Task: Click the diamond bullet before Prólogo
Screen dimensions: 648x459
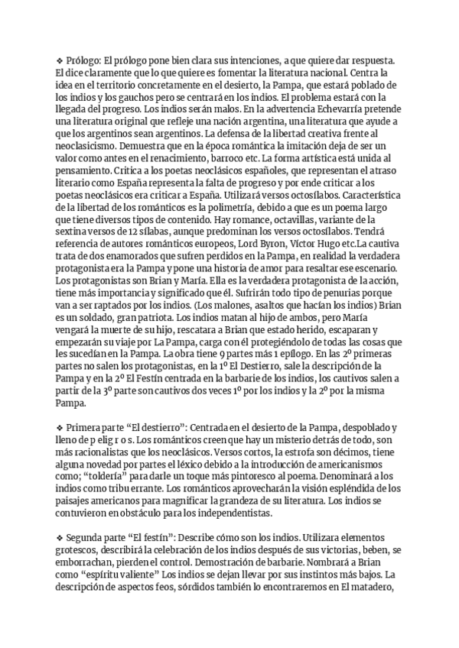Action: (60, 60)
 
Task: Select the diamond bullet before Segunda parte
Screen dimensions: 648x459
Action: (60, 537)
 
